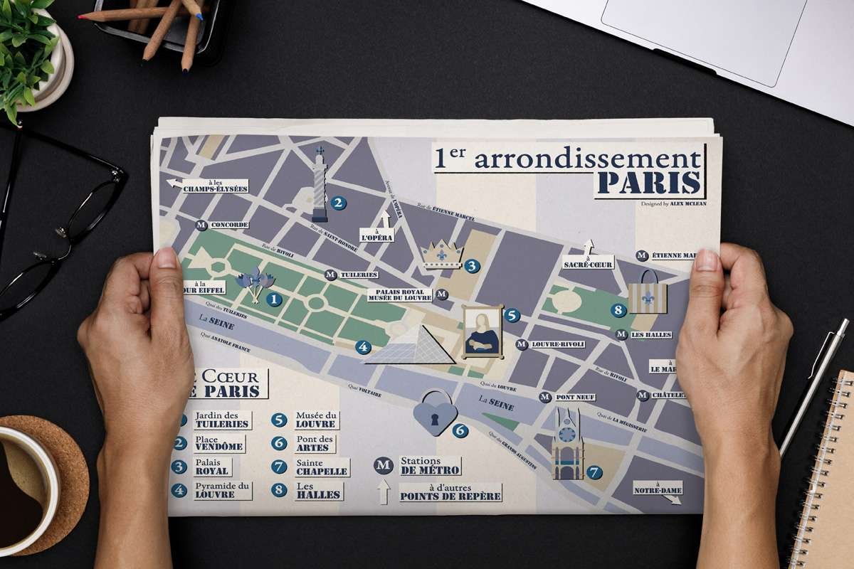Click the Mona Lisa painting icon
(482, 331)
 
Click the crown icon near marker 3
(441, 255)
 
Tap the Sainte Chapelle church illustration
(567, 446)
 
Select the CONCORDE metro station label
(228, 225)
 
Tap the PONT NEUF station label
(574, 397)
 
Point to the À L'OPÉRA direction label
(377, 237)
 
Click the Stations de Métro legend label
(429, 466)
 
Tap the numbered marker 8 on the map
(618, 310)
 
